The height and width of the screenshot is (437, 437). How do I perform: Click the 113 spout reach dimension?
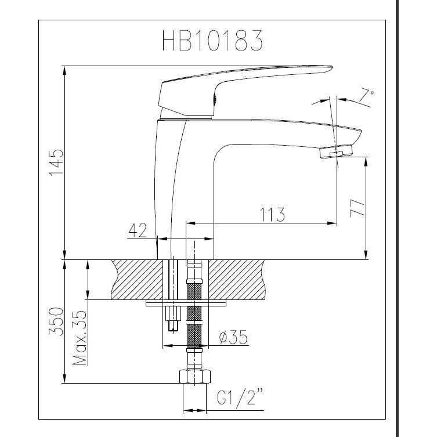click(273, 215)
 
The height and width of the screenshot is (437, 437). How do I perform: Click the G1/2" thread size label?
click(238, 399)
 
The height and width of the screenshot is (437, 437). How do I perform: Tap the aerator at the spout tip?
click(338, 153)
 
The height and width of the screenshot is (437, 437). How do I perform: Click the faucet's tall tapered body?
click(171, 186)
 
